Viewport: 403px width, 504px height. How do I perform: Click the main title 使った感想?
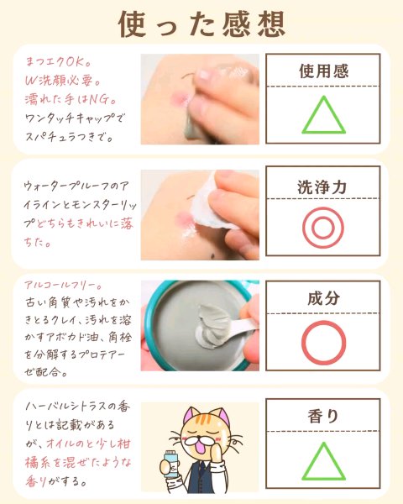[201, 24]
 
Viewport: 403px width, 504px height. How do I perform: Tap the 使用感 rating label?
[323, 71]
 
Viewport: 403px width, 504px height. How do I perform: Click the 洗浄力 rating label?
[322, 187]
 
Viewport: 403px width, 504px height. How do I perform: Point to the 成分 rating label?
[323, 298]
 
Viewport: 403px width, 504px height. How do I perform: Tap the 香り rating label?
[323, 417]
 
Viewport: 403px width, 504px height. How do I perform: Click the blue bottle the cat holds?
[171, 463]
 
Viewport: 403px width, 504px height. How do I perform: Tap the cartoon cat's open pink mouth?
[201, 445]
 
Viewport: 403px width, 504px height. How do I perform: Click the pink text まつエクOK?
[58, 61]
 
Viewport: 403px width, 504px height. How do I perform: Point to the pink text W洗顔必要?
[62, 81]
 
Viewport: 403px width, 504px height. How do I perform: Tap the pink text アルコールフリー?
[64, 285]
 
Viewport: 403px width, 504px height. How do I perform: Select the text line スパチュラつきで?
[69, 137]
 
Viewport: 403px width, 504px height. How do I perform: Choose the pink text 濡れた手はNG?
[71, 99]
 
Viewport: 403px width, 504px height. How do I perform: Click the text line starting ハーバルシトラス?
[77, 407]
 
